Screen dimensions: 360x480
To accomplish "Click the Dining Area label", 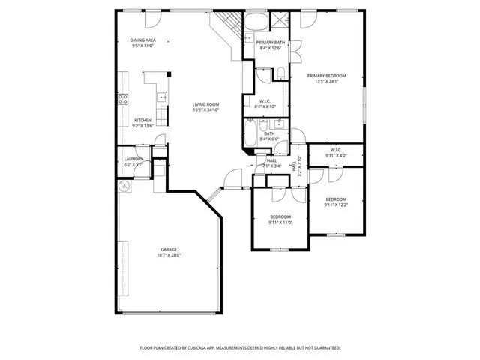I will (142, 43).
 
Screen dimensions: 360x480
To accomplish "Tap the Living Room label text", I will (205, 107).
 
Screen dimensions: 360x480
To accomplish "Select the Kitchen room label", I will (142, 123).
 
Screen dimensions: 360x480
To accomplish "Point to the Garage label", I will (169, 252).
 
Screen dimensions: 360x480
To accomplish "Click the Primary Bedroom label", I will (326, 79).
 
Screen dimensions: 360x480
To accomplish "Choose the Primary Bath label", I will (269, 46).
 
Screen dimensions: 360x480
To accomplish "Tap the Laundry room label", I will (133, 161).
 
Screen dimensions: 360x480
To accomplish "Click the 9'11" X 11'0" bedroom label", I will (280, 220).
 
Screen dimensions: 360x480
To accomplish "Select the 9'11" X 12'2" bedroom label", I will (335, 202).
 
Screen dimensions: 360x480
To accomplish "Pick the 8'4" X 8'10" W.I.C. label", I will (266, 104).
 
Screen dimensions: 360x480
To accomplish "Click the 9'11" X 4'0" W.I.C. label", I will (335, 154).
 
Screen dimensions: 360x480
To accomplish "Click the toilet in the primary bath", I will (279, 73).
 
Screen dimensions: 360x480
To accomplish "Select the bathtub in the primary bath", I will (256, 20).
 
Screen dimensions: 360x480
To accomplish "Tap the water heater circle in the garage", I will (124, 185).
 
